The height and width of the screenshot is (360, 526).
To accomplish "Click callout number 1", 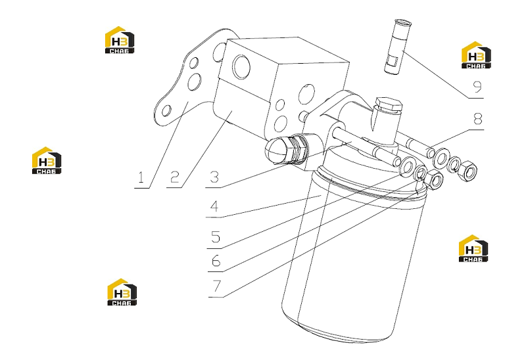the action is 141,177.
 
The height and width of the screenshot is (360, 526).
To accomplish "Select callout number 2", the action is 174,177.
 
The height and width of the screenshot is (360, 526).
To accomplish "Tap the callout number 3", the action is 214,177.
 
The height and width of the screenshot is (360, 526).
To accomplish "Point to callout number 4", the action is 214,206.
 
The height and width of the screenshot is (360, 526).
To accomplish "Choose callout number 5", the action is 216,236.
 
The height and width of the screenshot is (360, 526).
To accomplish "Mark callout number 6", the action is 216,260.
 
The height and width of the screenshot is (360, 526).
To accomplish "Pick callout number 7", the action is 217,286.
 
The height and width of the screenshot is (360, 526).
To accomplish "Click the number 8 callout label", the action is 477,118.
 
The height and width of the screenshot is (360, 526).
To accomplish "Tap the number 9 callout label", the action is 477,87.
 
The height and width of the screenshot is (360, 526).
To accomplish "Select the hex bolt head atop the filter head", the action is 389,105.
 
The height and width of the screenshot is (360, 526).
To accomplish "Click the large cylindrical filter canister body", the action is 352,255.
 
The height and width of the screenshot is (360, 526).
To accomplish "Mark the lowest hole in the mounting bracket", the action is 166,111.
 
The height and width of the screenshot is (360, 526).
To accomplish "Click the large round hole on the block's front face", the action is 241,66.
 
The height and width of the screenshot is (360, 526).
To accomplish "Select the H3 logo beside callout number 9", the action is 476,55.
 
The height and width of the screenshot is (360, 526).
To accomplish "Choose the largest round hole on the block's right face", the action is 306,94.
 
